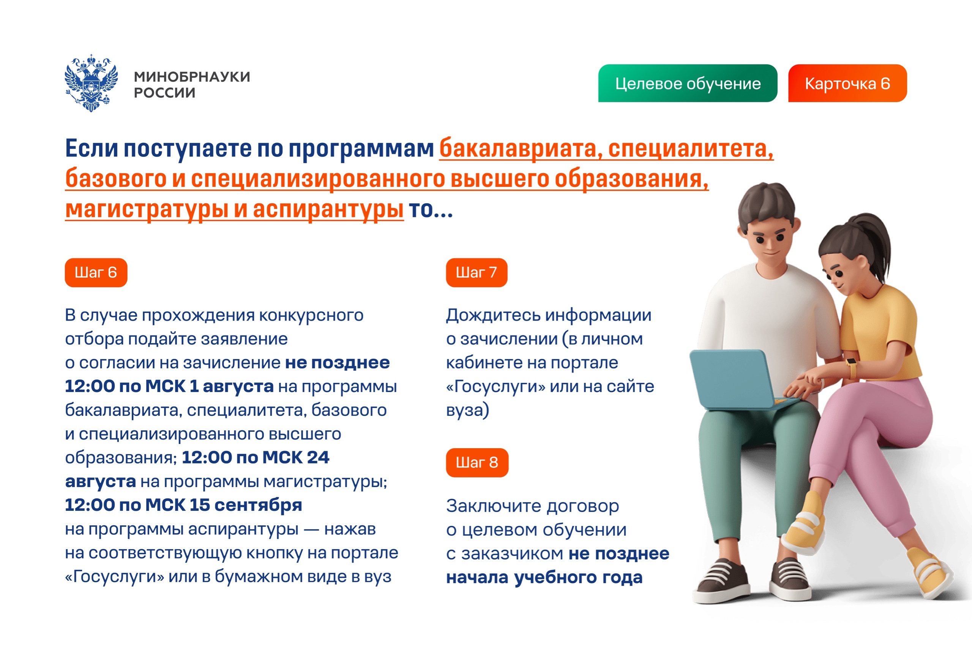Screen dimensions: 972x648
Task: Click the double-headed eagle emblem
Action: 91,83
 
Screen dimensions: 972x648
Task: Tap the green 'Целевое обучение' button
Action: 687,83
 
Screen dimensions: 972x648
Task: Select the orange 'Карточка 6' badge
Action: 847,83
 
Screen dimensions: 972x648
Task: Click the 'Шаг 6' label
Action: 96,273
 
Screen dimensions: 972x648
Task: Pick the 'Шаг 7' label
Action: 476,273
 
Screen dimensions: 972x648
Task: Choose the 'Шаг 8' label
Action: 477,462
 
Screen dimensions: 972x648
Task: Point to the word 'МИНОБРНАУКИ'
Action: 192,77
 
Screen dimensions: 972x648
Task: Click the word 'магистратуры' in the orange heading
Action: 147,209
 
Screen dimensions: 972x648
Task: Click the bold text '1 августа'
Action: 231,386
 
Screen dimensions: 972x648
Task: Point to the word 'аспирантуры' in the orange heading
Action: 328,209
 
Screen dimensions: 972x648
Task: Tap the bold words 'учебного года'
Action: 578,577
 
